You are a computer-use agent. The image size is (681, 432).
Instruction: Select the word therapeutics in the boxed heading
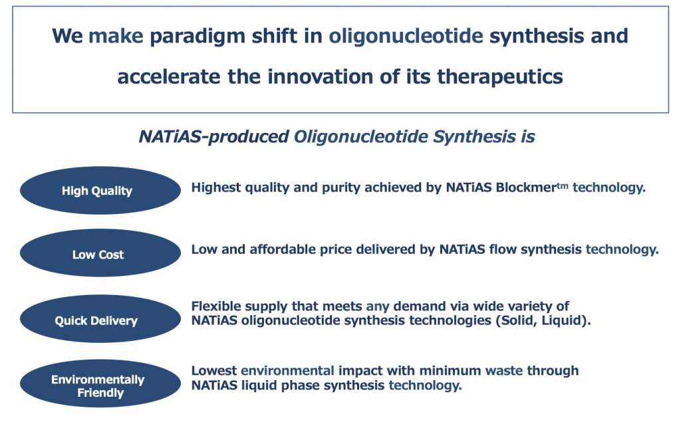point(500,77)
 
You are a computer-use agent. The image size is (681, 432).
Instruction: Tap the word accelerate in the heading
point(169,77)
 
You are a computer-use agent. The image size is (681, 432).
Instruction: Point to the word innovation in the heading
point(320,77)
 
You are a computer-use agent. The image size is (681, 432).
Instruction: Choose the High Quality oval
point(100,190)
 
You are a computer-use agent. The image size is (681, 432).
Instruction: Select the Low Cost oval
point(100,253)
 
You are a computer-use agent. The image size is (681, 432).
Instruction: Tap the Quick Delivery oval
point(100,319)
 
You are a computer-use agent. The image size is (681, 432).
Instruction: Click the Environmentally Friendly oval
point(100,383)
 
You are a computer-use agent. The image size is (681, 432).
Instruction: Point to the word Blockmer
point(526,187)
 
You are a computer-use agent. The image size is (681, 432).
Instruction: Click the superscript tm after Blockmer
point(563,186)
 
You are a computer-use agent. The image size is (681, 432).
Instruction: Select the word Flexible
point(216,306)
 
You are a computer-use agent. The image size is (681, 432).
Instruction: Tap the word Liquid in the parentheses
point(563,321)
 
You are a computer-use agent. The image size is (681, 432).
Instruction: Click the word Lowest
point(214,371)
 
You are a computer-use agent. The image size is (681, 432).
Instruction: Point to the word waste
point(504,372)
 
